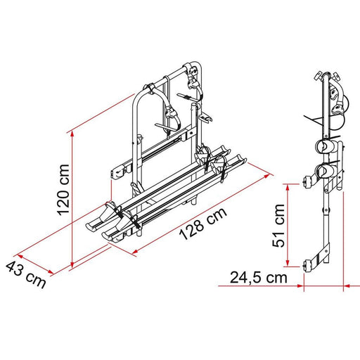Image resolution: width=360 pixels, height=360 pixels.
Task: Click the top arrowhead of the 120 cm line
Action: click(72, 132)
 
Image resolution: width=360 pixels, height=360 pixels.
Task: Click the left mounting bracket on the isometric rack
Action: click(118, 170)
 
